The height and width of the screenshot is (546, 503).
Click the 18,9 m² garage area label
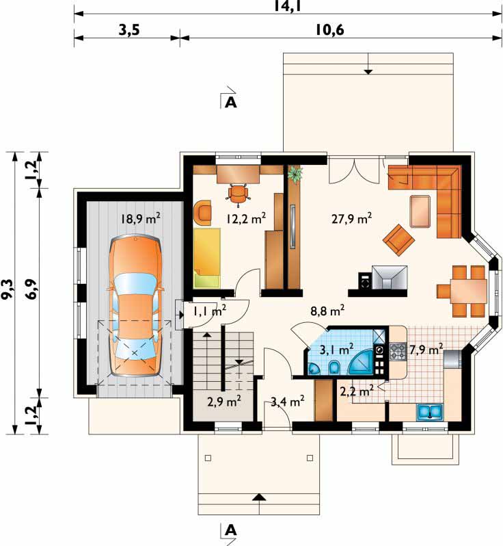(x=141, y=219)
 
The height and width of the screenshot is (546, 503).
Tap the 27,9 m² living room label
(x=352, y=218)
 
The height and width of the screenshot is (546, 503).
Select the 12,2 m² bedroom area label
(x=246, y=218)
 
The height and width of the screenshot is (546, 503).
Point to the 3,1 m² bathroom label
(x=337, y=349)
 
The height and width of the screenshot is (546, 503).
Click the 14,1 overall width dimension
(x=287, y=6)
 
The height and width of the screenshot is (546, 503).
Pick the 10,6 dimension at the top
(x=330, y=30)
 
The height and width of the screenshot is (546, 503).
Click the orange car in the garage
(x=135, y=306)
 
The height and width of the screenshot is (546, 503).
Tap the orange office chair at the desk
(x=239, y=193)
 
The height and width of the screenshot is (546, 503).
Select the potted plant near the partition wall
(x=296, y=174)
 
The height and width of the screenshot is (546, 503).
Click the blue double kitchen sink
(x=430, y=412)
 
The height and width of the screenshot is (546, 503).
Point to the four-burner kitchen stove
(x=398, y=351)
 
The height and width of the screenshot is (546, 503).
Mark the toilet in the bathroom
(x=334, y=367)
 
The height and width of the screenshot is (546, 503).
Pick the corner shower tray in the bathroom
(x=361, y=363)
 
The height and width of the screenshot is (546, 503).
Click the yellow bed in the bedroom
(x=207, y=258)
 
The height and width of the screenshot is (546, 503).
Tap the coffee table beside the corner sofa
(x=420, y=211)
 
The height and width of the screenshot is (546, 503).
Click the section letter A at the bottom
(x=231, y=530)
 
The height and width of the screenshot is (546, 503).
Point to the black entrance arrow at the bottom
(x=258, y=497)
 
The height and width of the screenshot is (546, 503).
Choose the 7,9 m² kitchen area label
(x=426, y=349)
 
